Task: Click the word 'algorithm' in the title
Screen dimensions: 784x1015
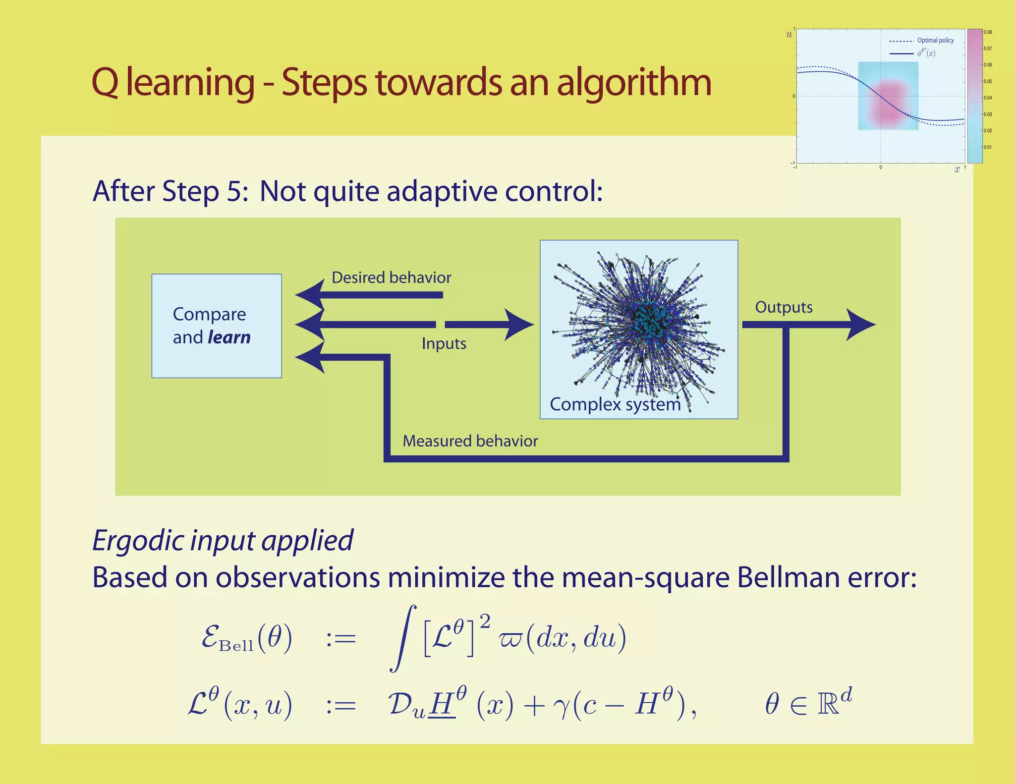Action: (x=634, y=83)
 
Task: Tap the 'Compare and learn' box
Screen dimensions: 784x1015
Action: (x=217, y=326)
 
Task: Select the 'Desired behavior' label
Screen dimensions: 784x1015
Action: (x=391, y=278)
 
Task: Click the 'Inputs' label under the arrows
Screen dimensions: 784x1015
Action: (x=444, y=343)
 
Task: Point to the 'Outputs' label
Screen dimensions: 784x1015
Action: (x=784, y=307)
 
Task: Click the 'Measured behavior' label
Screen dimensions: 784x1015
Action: (x=470, y=441)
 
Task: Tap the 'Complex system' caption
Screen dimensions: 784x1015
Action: (x=615, y=404)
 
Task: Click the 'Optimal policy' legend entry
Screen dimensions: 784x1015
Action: (x=935, y=41)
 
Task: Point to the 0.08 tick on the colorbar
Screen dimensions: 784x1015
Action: (x=988, y=32)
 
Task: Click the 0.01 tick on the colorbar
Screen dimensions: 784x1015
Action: (x=988, y=147)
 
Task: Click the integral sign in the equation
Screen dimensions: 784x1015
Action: (x=402, y=638)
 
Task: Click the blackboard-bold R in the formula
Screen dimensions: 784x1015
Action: (x=828, y=704)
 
